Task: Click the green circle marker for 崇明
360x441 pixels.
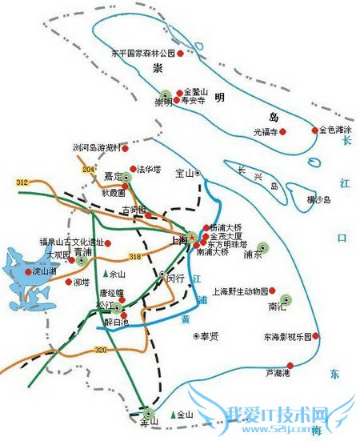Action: coord(166,93)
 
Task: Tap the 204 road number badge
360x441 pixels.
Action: coord(88,170)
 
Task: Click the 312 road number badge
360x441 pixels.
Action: coord(22,183)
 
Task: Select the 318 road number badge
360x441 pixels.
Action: coord(134,256)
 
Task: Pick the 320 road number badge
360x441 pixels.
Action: coord(101,350)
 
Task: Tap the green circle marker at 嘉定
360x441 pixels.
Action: coord(126,177)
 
